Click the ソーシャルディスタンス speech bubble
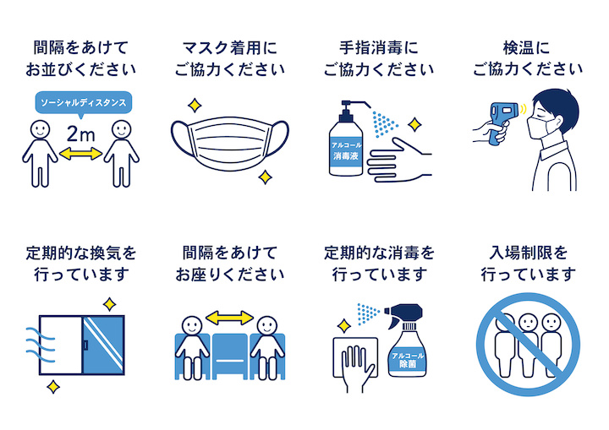[x=84, y=103]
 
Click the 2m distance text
[x=81, y=134]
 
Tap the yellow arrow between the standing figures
[x=81, y=154]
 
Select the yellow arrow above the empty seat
[x=229, y=318]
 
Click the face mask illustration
[x=230, y=143]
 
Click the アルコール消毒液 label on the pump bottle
[x=346, y=150]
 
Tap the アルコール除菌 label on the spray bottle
[x=408, y=360]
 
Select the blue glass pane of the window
[x=103, y=345]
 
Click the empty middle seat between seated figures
[x=230, y=356]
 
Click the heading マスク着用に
[x=230, y=48]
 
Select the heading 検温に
[x=527, y=48]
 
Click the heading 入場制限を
[x=528, y=253]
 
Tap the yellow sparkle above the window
[x=110, y=304]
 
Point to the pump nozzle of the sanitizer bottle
[x=354, y=103]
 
